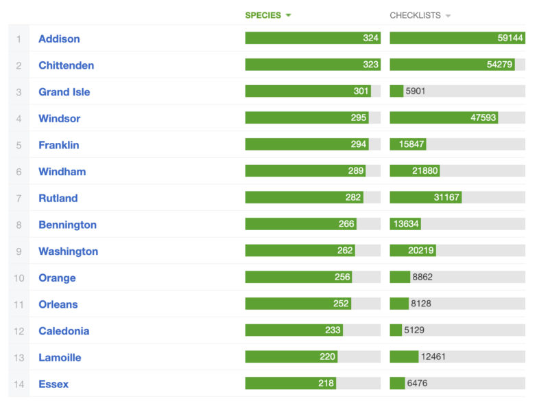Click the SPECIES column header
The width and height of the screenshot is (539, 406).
click(263, 15)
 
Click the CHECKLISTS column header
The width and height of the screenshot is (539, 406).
click(415, 15)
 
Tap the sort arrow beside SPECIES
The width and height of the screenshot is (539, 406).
click(289, 15)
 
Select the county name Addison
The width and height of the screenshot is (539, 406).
click(59, 38)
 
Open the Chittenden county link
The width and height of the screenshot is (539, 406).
click(66, 65)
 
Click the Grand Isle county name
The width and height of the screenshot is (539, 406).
click(64, 92)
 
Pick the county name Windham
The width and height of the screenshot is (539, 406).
click(62, 172)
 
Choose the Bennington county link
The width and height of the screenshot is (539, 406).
click(67, 225)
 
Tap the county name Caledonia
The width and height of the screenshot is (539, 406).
click(64, 331)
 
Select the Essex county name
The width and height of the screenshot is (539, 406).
click(53, 384)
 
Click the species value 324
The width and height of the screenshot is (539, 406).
click(371, 38)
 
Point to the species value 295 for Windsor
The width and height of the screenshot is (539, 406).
click(359, 118)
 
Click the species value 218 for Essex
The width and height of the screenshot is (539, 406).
click(326, 384)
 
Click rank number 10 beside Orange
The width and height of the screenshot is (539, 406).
click(19, 278)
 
